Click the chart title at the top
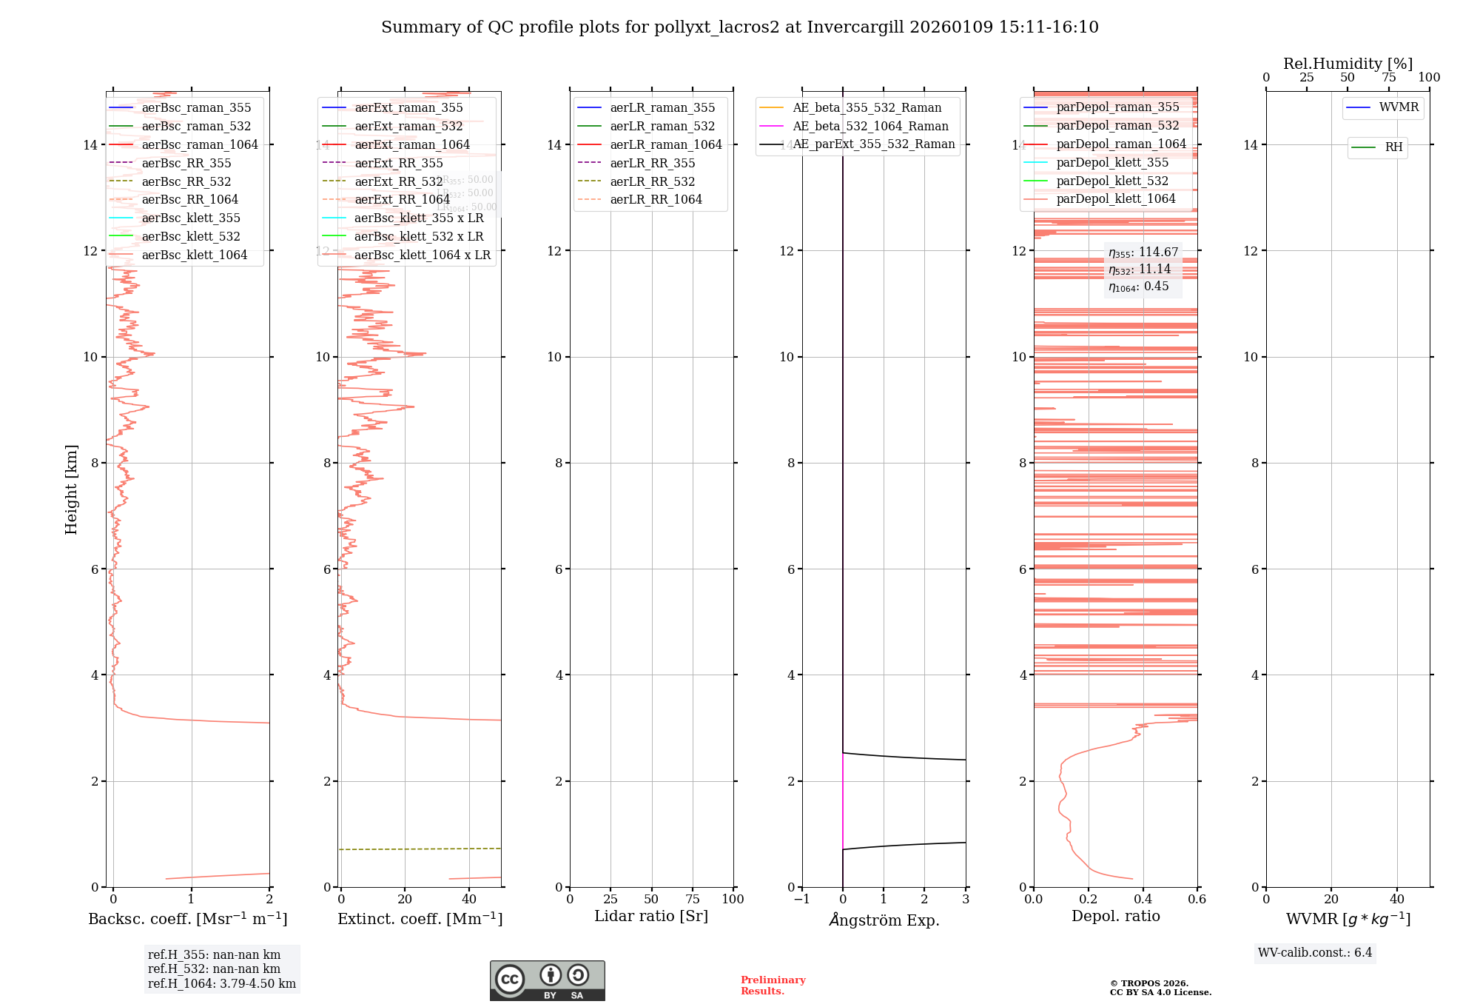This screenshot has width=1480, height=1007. click(x=739, y=27)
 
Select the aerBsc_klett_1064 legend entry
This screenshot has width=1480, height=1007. click(x=194, y=255)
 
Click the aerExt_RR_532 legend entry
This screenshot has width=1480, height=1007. click(x=398, y=181)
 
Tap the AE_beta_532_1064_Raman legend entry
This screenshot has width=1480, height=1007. click(x=870, y=126)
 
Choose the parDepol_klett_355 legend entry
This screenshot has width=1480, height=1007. click(x=1112, y=162)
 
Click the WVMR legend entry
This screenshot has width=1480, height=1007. click(x=1399, y=107)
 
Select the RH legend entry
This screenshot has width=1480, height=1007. click(x=1393, y=147)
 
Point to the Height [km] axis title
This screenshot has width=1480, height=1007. click(x=71, y=489)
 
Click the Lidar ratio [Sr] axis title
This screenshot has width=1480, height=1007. click(x=651, y=916)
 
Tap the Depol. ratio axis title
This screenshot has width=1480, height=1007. click(x=1115, y=916)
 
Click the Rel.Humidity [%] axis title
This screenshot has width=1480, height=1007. click(x=1348, y=64)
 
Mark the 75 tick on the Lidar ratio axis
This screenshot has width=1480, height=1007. click(x=692, y=899)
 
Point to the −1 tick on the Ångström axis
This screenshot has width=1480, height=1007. click(x=801, y=899)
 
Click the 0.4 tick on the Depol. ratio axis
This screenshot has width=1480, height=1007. click(x=1143, y=899)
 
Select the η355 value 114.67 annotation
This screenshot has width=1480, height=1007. click(x=1143, y=252)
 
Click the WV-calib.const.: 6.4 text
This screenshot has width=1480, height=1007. click(x=1314, y=952)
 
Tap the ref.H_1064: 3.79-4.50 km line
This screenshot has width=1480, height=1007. click(x=221, y=983)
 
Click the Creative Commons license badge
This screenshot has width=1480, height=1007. click(x=547, y=980)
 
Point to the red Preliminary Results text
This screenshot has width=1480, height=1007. click(x=773, y=985)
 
